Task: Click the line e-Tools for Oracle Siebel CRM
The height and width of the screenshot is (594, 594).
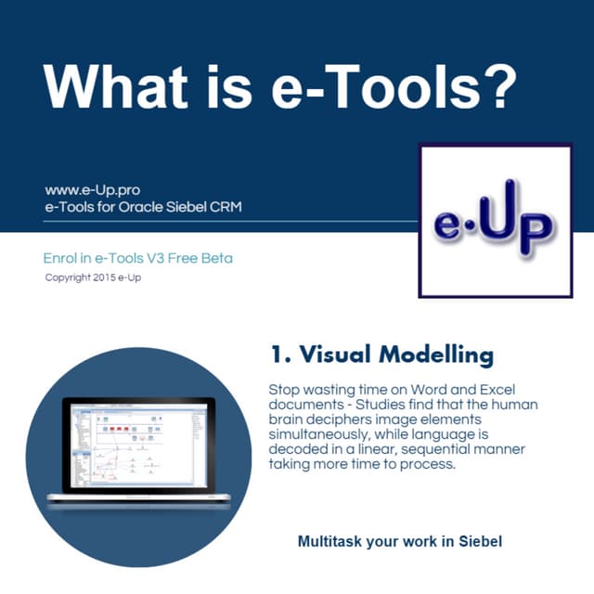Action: coord(143,207)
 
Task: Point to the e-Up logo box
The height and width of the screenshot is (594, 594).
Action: coord(495,220)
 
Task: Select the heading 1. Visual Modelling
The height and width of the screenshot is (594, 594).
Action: coord(381,354)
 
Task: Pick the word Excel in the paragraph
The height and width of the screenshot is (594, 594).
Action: coord(509,391)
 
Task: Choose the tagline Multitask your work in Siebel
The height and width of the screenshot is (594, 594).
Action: coord(399,540)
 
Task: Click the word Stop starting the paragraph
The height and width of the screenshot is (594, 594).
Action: coord(284,391)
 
